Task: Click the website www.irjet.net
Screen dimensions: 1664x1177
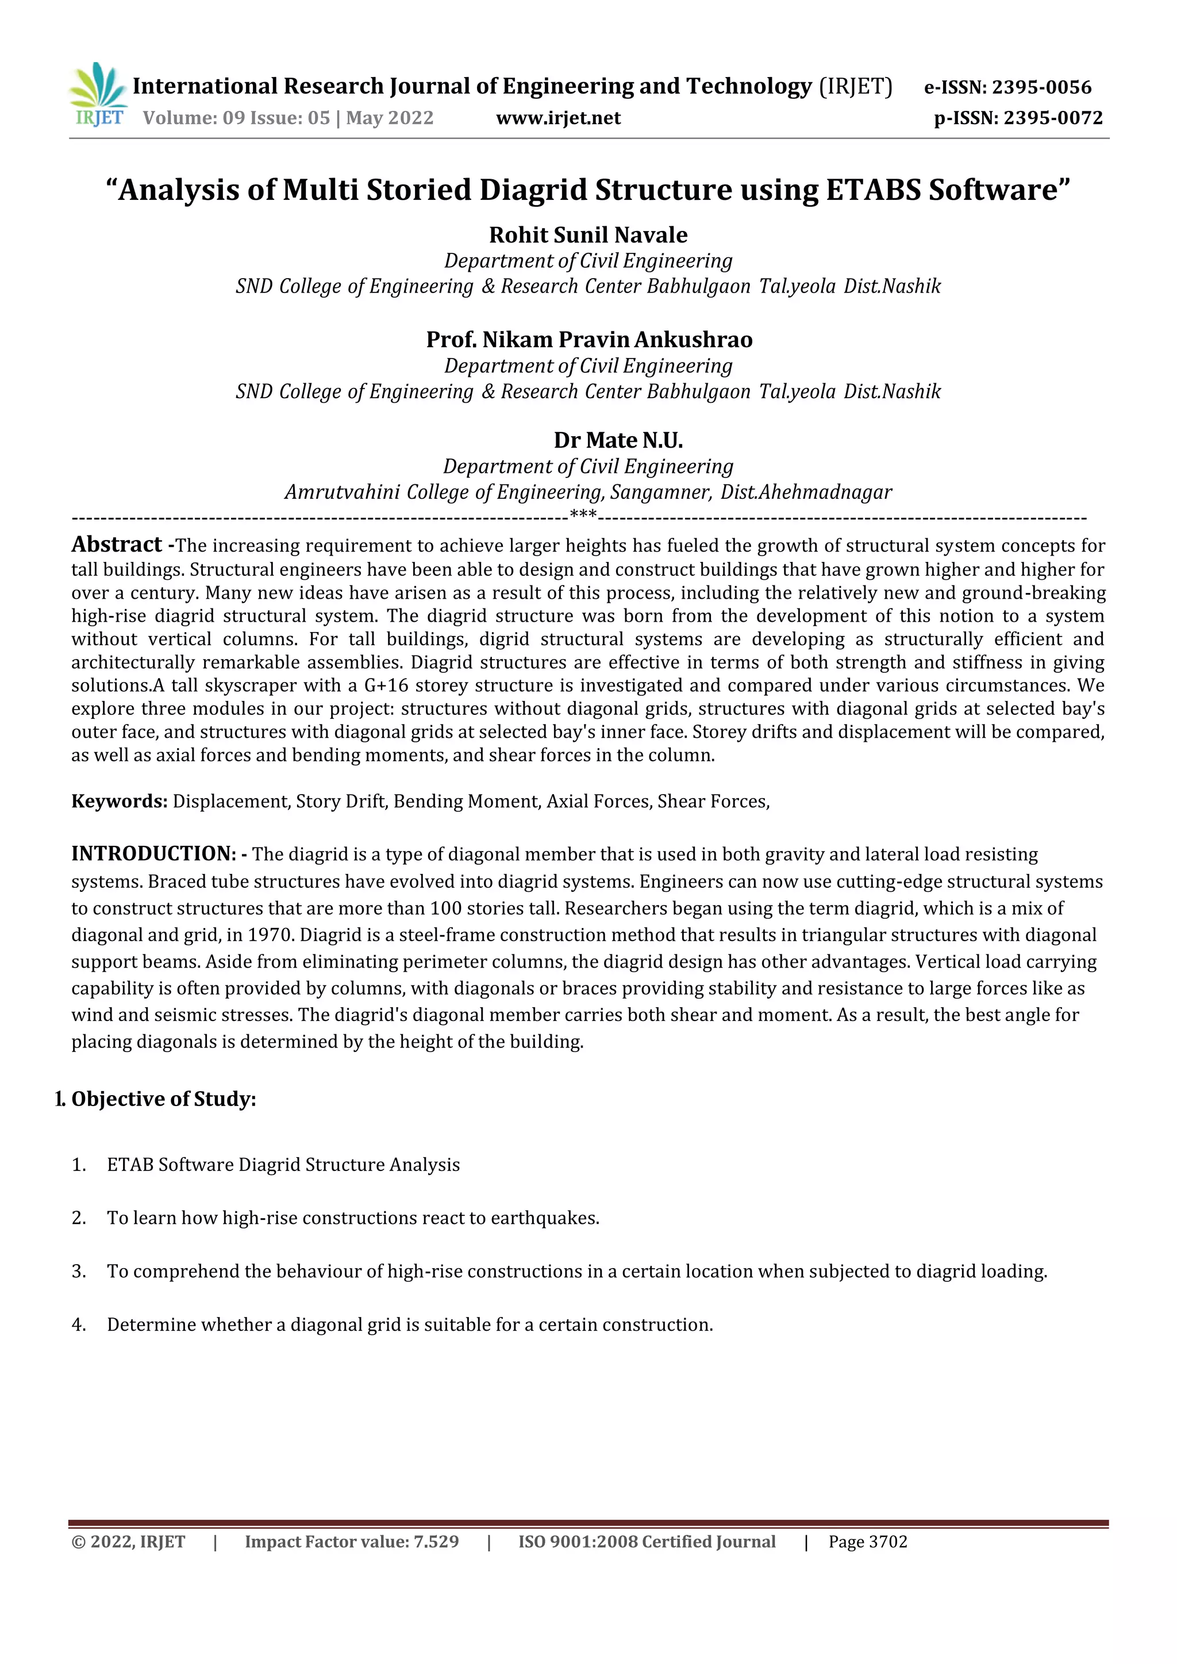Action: pyautogui.click(x=558, y=118)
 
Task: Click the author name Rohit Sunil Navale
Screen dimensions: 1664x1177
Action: pyautogui.click(x=588, y=235)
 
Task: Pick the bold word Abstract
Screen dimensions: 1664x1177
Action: pyautogui.click(x=117, y=544)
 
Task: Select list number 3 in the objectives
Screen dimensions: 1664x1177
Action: pyautogui.click(x=78, y=1271)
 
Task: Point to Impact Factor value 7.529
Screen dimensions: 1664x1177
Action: pyautogui.click(x=352, y=1542)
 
